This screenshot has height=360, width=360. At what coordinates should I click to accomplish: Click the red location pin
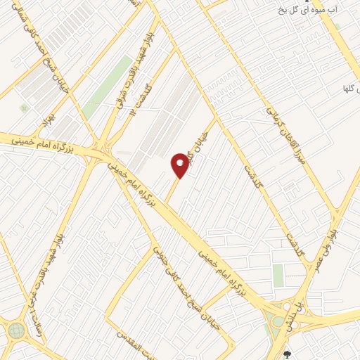pyautogui.click(x=181, y=165)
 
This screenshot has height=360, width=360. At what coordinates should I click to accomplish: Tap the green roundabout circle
pyautogui.click(x=16, y=330)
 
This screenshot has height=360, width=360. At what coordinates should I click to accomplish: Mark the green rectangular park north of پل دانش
pyautogui.click(x=278, y=275)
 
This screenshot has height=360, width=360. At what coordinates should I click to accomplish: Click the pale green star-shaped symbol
pyautogui.click(x=25, y=108)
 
